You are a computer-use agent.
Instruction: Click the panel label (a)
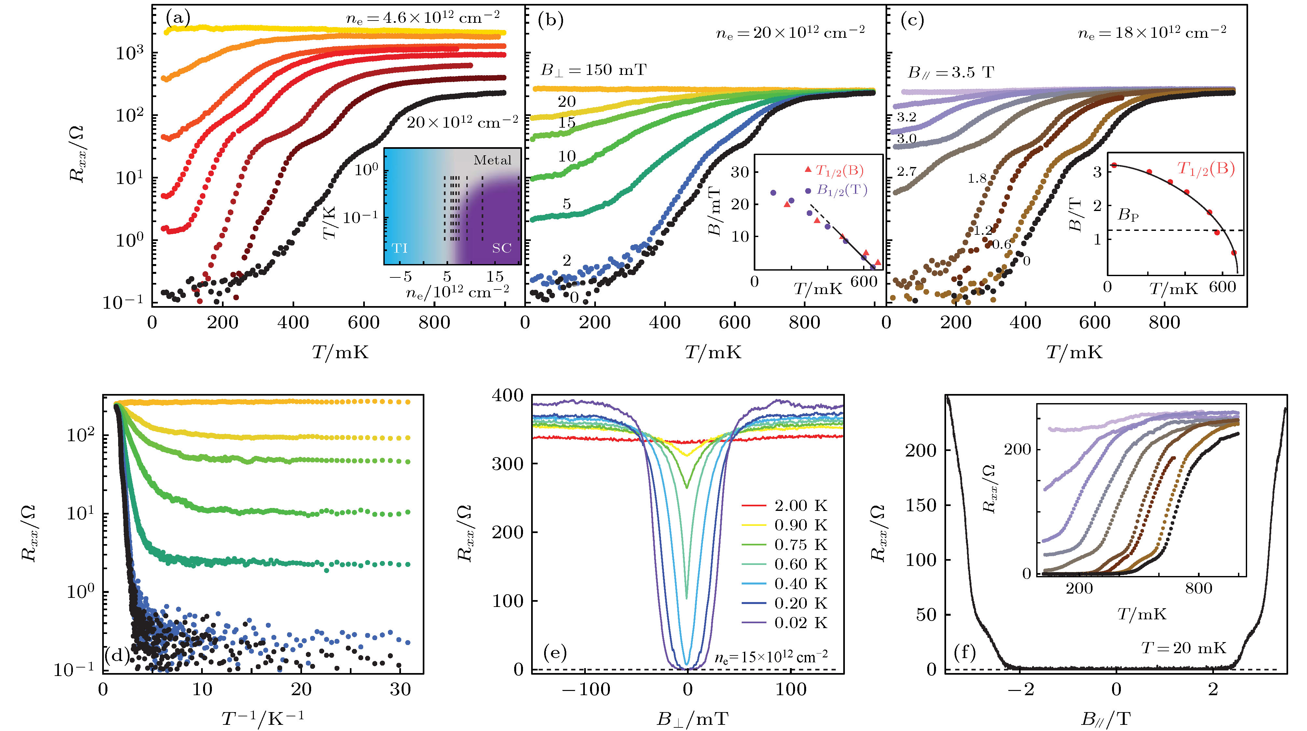[x=178, y=19]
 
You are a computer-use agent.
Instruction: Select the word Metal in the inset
[x=492, y=161]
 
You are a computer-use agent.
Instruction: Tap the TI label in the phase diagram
[x=400, y=248]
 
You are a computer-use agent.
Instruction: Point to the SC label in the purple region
[x=501, y=248]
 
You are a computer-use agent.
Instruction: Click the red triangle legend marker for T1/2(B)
[x=808, y=169]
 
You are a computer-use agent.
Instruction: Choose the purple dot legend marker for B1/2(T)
[x=808, y=191]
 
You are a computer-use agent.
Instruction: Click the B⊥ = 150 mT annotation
[x=594, y=70]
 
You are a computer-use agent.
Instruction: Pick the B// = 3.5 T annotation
[x=950, y=73]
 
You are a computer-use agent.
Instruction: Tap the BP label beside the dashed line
[x=1128, y=215]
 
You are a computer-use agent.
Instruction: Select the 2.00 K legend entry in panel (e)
[x=801, y=506]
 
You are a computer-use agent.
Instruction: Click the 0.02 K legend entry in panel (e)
[x=801, y=623]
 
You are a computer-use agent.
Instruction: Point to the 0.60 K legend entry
[x=801, y=564]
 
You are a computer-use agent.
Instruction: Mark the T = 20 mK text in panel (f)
[x=1183, y=648]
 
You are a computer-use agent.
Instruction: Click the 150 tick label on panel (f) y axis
[x=921, y=505]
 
